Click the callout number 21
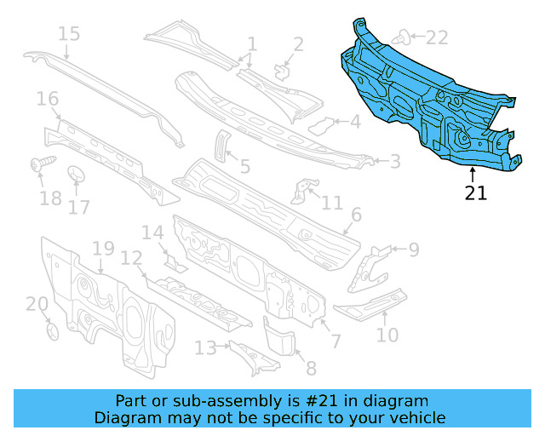[476, 193]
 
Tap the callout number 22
[436, 37]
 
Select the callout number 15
[69, 34]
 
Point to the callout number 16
[48, 100]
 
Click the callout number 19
[103, 249]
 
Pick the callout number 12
[131, 258]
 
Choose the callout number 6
[356, 215]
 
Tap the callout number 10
[387, 335]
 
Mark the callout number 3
[395, 160]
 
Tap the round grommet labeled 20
[50, 330]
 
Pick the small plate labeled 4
[320, 126]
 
